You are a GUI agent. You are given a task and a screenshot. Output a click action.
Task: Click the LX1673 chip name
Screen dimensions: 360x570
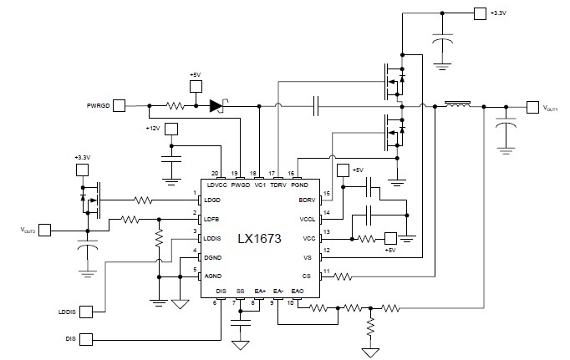pos(257,239)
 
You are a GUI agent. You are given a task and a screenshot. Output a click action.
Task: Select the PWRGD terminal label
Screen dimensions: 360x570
pos(98,106)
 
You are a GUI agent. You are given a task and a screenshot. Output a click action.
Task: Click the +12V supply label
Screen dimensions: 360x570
pos(151,129)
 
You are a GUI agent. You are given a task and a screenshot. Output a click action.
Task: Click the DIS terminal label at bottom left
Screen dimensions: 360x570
pos(70,338)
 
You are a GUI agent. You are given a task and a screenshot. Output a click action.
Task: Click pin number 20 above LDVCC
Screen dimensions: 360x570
pos(215,173)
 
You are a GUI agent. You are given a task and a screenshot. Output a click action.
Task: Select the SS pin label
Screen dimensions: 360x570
pos(240,291)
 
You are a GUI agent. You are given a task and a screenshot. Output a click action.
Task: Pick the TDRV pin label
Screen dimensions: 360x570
pos(278,184)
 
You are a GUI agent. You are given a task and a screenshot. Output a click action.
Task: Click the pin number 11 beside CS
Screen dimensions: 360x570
pos(326,270)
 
